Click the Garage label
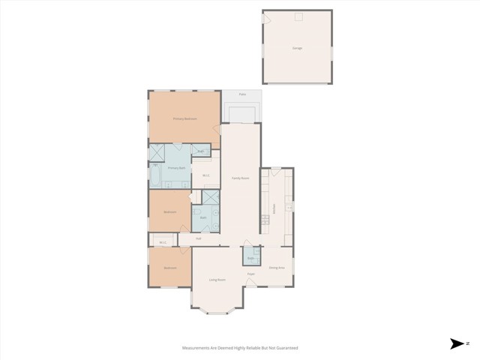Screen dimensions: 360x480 [297, 47]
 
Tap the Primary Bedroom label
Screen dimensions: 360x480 [184, 118]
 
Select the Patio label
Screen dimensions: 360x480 [241, 94]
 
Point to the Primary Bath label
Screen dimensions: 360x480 [176, 168]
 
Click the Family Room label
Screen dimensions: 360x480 [240, 178]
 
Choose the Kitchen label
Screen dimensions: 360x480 [276, 211]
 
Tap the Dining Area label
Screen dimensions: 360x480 [276, 268]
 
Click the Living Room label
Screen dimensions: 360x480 [217, 280]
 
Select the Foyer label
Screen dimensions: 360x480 [251, 274]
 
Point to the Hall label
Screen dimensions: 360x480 [199, 238]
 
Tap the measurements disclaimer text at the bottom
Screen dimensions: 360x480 [240, 348]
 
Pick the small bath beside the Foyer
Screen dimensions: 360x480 [251, 256]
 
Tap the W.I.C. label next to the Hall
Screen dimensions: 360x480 [163, 241]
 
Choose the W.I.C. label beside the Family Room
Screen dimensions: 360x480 [206, 176]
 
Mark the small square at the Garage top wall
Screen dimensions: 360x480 [297, 16]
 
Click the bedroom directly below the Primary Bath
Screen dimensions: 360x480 [170, 211]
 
